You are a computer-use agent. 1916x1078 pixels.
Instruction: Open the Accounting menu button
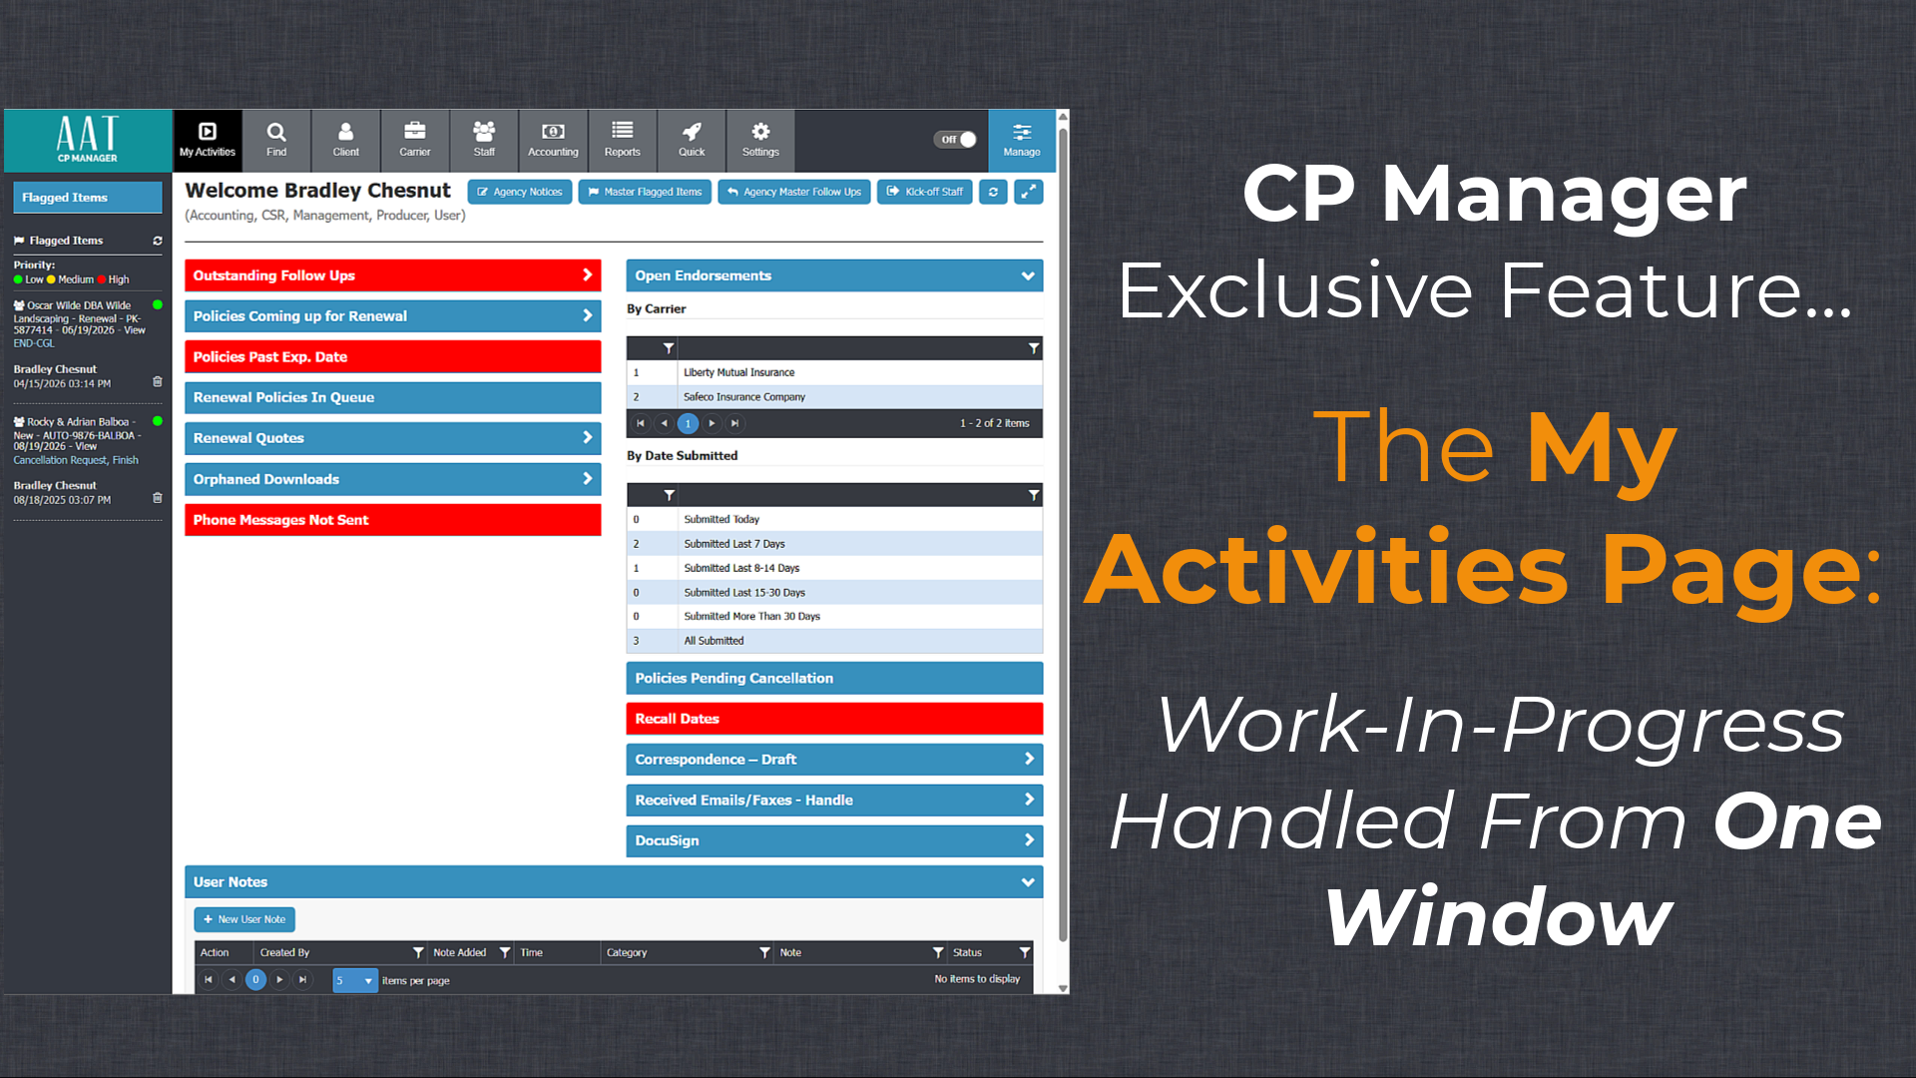tap(553, 140)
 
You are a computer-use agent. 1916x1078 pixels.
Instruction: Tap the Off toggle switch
tap(955, 140)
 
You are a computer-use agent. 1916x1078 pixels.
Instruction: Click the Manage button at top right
tap(1022, 140)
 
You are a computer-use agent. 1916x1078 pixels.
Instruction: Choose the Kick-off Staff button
tap(925, 192)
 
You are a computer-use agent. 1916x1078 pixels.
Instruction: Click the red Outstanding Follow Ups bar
tap(392, 275)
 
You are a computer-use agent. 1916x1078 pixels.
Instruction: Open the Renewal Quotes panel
tap(392, 438)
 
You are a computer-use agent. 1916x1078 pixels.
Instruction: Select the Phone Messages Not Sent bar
tap(392, 520)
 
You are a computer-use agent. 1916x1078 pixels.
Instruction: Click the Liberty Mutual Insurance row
tap(834, 372)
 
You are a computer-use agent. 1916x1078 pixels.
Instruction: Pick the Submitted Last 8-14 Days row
tap(834, 568)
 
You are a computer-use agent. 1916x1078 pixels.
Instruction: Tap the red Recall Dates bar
tap(834, 719)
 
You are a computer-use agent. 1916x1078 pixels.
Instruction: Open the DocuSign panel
tap(834, 840)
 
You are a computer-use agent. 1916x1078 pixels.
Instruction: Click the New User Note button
tap(244, 919)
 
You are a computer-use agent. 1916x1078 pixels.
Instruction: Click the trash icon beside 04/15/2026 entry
tap(157, 381)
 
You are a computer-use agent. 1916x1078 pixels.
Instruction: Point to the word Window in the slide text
tap(1498, 916)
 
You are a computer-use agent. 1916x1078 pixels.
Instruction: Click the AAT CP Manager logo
tap(88, 140)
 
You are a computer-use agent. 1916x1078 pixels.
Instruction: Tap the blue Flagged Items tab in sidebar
tap(88, 198)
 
